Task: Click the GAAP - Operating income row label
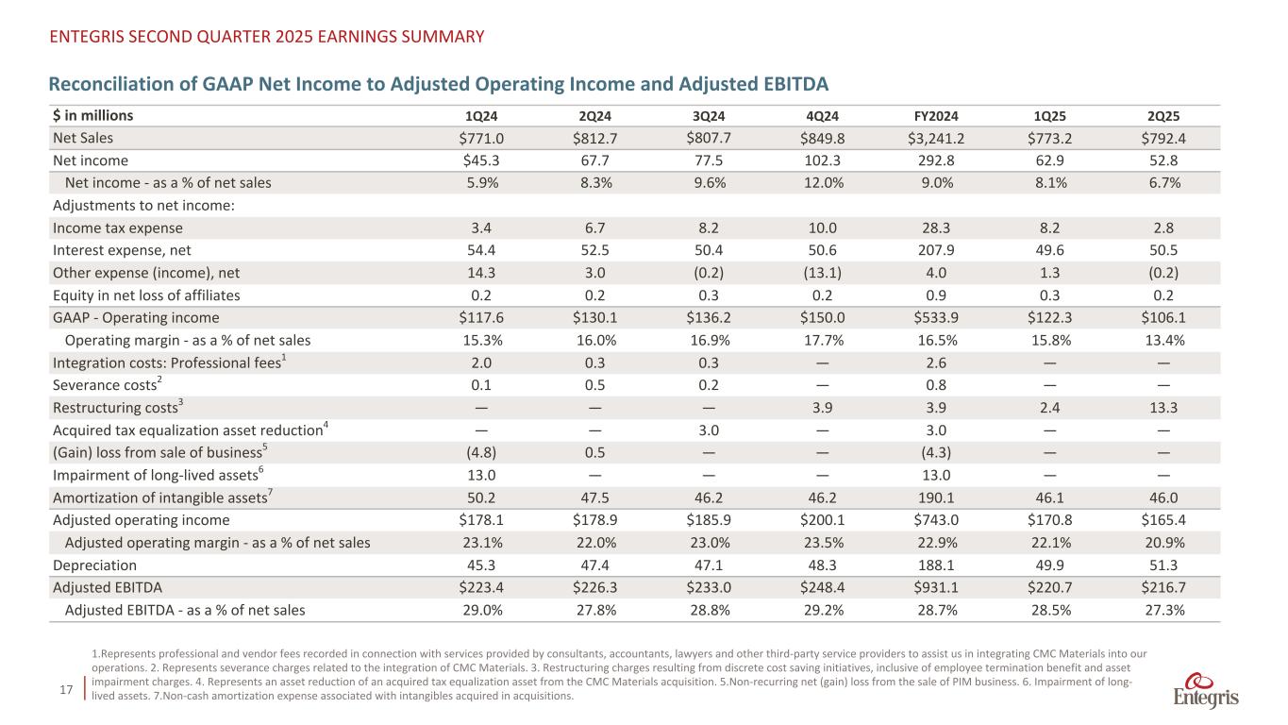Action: click(136, 317)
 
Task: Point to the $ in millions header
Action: click(92, 116)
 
